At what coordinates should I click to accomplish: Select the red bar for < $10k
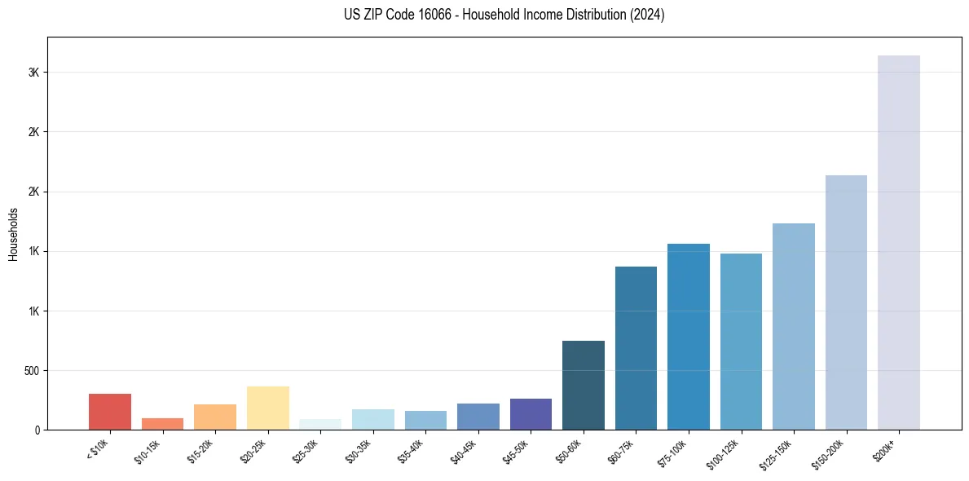(x=110, y=412)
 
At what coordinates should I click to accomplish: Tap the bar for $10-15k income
(x=162, y=424)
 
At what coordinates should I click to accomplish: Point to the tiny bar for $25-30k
(x=320, y=425)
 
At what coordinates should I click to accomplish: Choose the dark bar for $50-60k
(x=584, y=385)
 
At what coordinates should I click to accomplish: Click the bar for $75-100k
(x=689, y=337)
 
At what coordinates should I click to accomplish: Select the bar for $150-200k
(x=846, y=302)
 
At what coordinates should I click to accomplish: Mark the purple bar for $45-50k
(x=531, y=414)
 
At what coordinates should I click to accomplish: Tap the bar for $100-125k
(x=741, y=342)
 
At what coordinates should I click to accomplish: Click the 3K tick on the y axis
(x=34, y=73)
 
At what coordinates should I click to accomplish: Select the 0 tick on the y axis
(x=37, y=430)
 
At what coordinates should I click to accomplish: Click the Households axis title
(x=14, y=234)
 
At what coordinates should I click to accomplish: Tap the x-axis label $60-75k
(x=620, y=451)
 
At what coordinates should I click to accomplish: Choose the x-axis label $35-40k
(x=410, y=451)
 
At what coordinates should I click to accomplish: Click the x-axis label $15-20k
(x=200, y=451)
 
